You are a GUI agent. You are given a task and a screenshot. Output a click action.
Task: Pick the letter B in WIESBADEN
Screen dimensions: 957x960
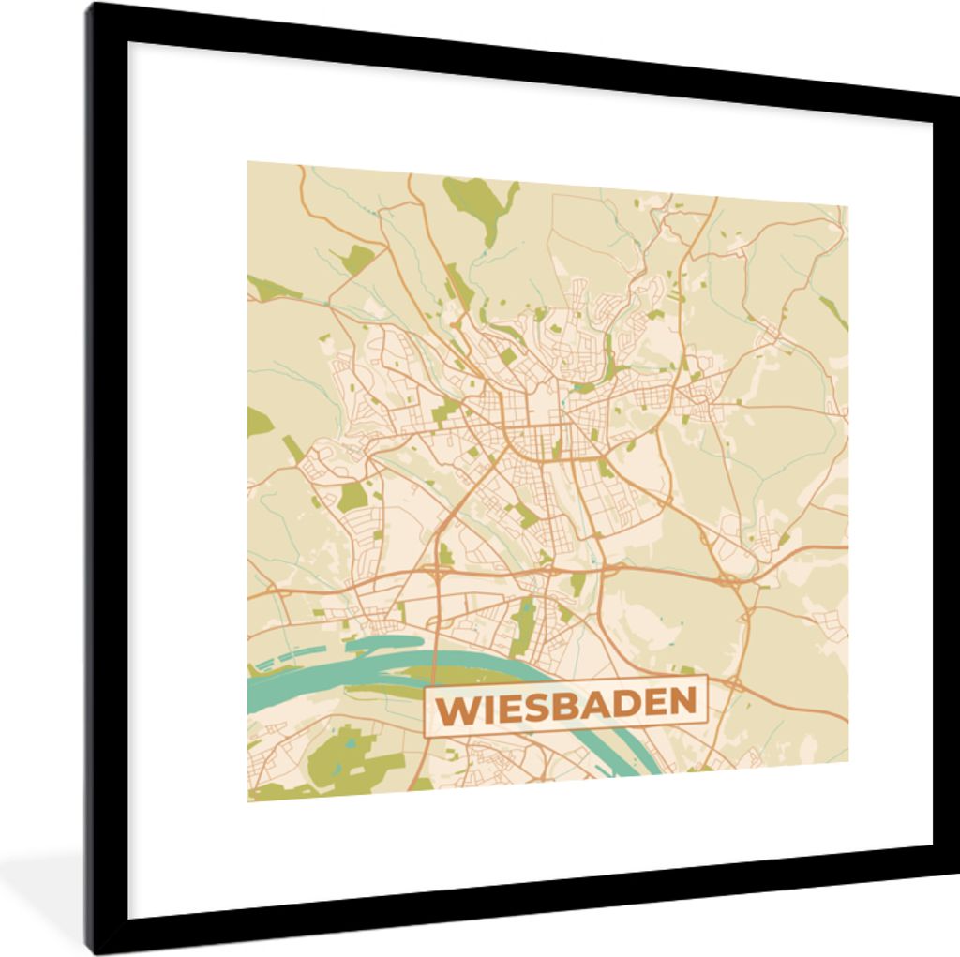(x=553, y=704)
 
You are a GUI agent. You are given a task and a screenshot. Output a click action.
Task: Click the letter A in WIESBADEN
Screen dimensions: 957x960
(x=583, y=703)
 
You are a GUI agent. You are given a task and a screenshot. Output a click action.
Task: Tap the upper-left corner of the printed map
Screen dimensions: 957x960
(x=248, y=162)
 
